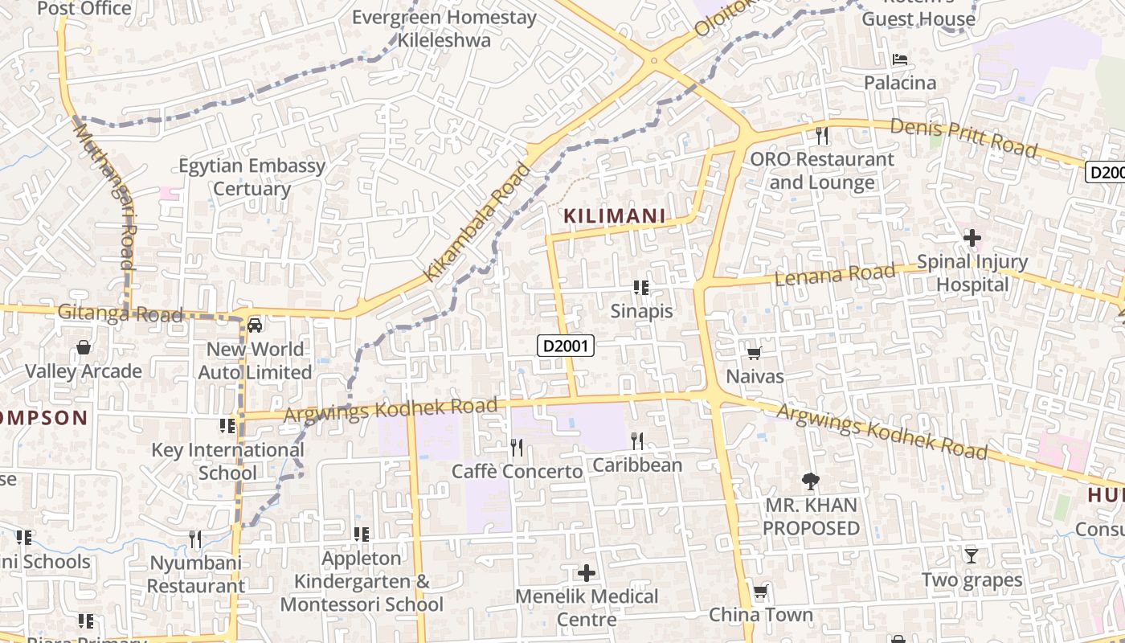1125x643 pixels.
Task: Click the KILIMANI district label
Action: click(x=615, y=215)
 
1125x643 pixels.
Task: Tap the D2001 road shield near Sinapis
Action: click(x=566, y=346)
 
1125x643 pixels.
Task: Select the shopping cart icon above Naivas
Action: click(x=754, y=353)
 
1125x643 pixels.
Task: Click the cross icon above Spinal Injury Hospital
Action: click(x=972, y=238)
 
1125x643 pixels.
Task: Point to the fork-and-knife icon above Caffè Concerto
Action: click(x=517, y=447)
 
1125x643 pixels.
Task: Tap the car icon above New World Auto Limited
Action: click(x=255, y=326)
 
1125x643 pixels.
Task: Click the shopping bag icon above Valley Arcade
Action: click(x=83, y=347)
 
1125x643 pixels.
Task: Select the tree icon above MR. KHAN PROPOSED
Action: click(x=811, y=481)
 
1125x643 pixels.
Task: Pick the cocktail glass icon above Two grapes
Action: click(x=971, y=555)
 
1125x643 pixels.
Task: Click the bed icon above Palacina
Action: click(x=900, y=59)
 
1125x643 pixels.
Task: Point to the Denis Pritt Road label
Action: click(x=963, y=137)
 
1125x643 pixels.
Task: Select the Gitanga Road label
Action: click(x=121, y=313)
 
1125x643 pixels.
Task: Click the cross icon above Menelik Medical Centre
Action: click(x=587, y=573)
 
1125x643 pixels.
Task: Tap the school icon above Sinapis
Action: click(x=640, y=287)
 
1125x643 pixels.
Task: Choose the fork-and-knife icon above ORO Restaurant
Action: click(x=821, y=136)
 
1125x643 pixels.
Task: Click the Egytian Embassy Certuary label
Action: click(x=252, y=178)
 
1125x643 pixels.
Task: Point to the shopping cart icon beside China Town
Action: click(x=759, y=592)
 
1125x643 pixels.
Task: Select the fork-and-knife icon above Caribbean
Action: click(x=637, y=440)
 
